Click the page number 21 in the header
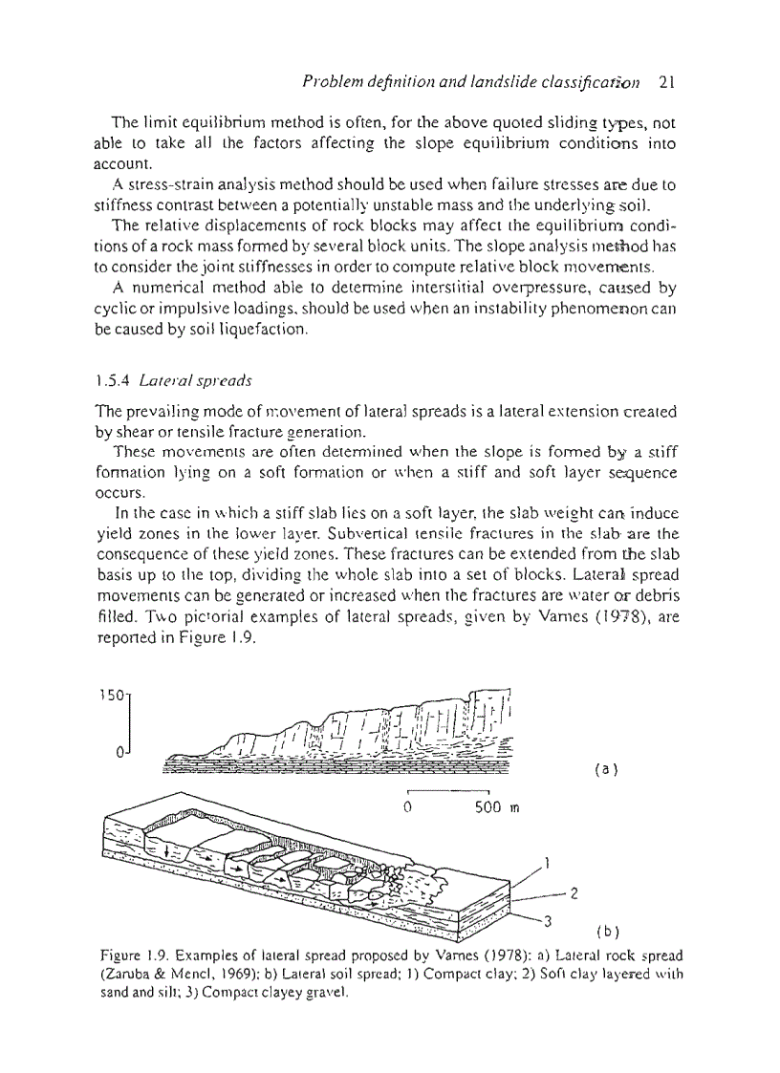667,82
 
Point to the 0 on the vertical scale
120,753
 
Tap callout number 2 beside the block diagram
574,894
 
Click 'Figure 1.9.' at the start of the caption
132,956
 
